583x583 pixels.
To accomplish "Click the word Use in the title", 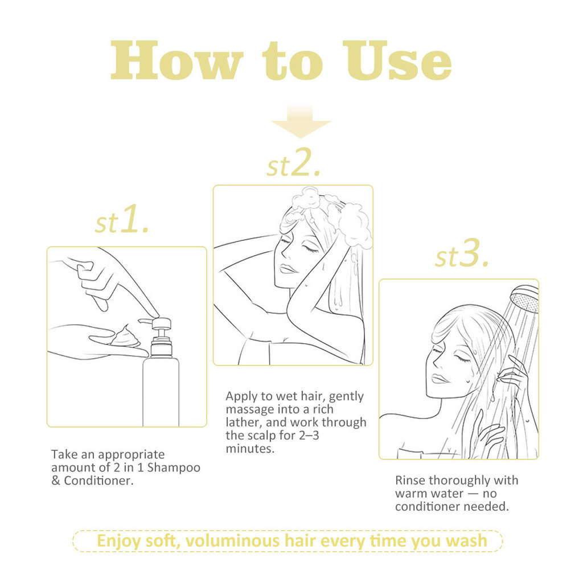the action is tap(397, 60).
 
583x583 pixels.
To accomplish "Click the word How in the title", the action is tap(176, 60).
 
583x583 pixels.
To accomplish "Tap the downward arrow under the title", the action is tap(301, 122).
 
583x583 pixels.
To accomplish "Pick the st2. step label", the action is tap(294, 162).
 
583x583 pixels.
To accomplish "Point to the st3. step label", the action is tap(462, 253).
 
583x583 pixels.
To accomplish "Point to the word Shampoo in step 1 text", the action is tap(174, 467).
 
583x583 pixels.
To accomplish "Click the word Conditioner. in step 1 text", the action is tap(98, 481).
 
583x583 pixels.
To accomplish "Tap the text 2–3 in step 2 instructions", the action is tap(309, 436).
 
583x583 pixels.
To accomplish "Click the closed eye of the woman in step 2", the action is tap(310, 248).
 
